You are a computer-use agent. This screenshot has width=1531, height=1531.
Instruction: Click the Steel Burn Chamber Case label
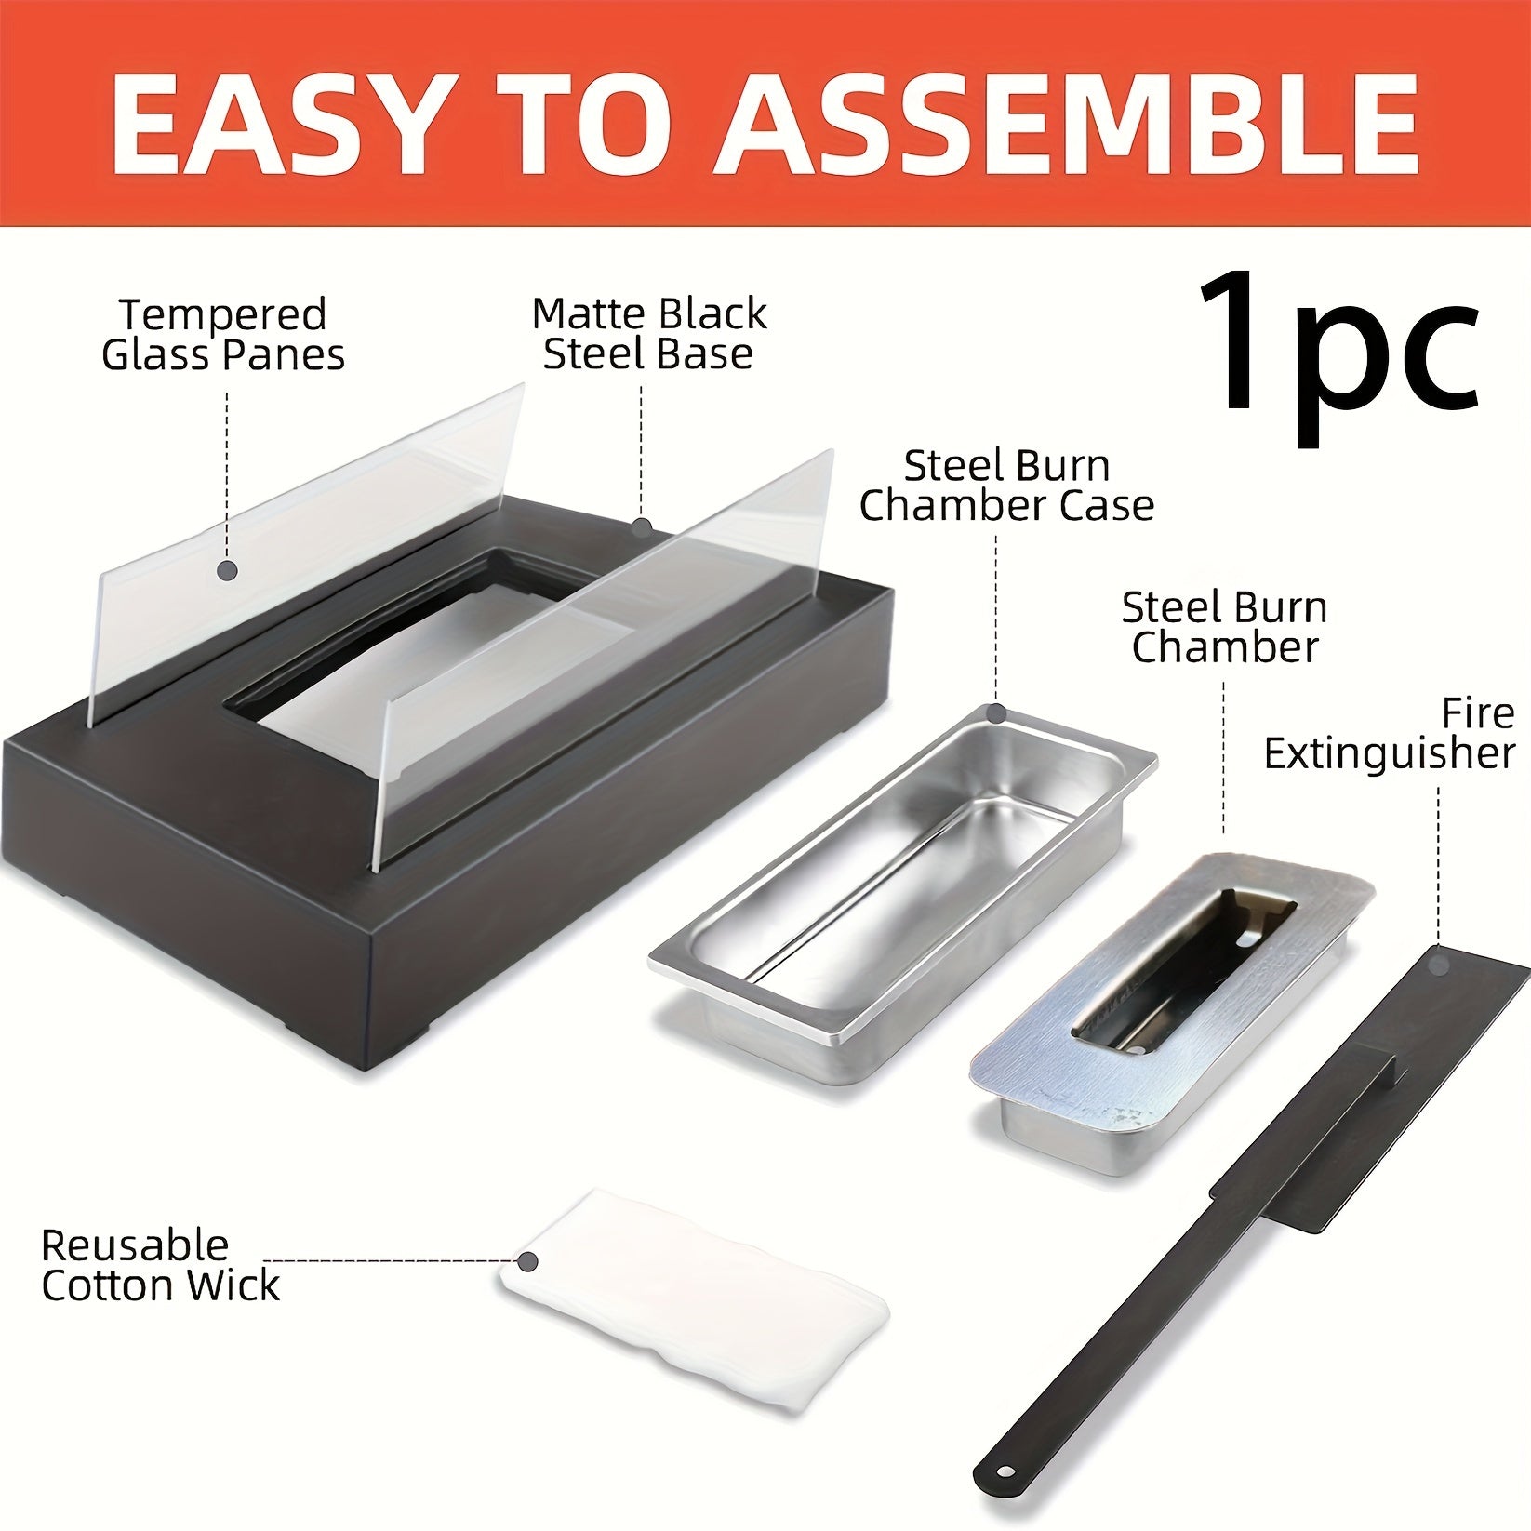[1006, 486]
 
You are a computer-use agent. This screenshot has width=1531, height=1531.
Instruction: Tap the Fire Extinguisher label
[1390, 734]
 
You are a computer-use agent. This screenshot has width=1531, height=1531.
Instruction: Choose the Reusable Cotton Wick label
[160, 1266]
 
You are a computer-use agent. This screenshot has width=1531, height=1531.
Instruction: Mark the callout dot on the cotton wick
[528, 1262]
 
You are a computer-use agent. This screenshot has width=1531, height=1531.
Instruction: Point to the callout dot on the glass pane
[226, 569]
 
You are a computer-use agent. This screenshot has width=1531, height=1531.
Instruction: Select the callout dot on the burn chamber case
[997, 714]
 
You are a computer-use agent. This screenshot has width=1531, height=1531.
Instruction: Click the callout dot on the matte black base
[641, 527]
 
